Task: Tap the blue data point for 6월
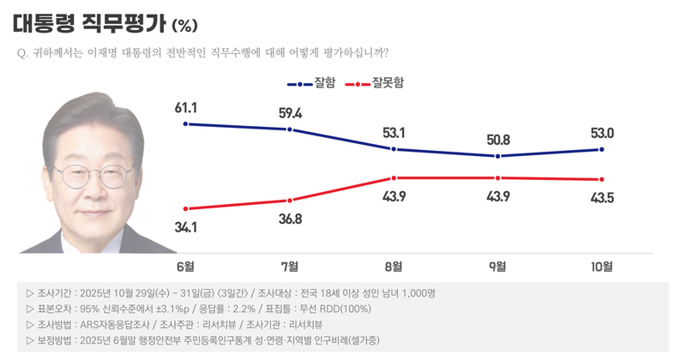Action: (186, 124)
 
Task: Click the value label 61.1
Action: (186, 108)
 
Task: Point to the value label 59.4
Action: (290, 112)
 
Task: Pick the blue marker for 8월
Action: (394, 149)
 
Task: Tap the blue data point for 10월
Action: (602, 149)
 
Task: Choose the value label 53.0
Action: (602, 132)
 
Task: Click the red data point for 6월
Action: (186, 208)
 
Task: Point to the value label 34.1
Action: (186, 227)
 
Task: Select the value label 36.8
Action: (290, 219)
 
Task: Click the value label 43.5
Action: (602, 197)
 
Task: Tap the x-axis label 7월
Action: (290, 266)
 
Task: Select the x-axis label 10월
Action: (602, 266)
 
